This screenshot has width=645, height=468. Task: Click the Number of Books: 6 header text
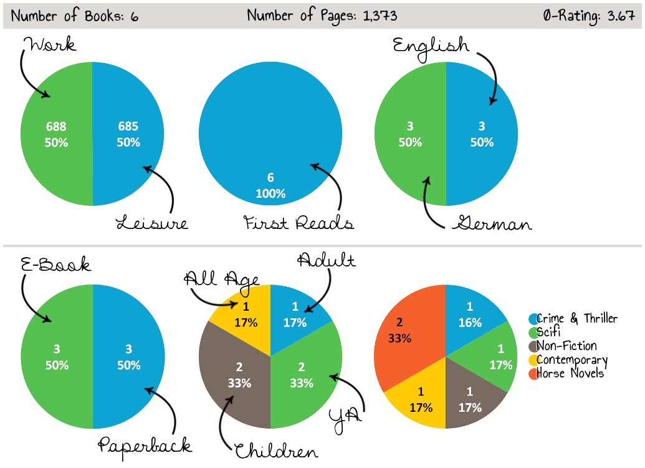(75, 16)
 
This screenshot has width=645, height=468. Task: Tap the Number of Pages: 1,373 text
(322, 16)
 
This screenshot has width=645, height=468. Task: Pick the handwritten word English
(431, 45)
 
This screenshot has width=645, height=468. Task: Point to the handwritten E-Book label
(55, 264)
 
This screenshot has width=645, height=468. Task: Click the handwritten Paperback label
(145, 444)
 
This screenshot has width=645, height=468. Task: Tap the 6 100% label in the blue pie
(270, 186)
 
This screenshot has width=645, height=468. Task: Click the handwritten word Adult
(326, 260)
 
